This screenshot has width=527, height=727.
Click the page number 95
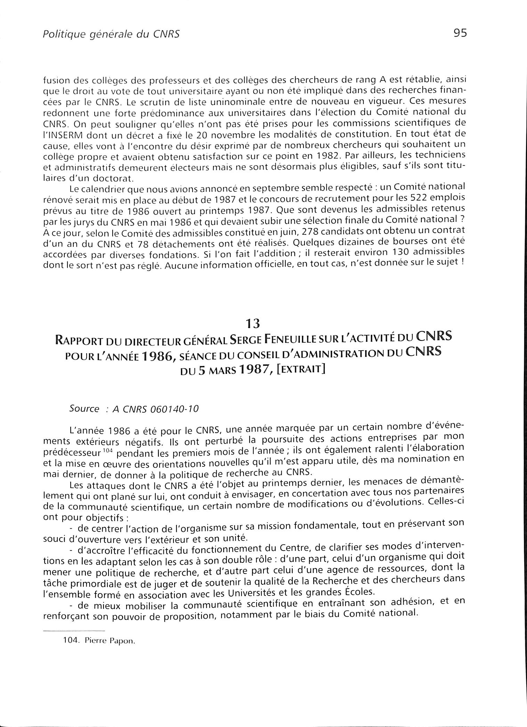click(460, 33)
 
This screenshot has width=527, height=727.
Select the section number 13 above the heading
click(253, 324)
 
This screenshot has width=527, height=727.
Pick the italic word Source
click(84, 408)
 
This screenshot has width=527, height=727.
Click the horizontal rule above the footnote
click(73, 631)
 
